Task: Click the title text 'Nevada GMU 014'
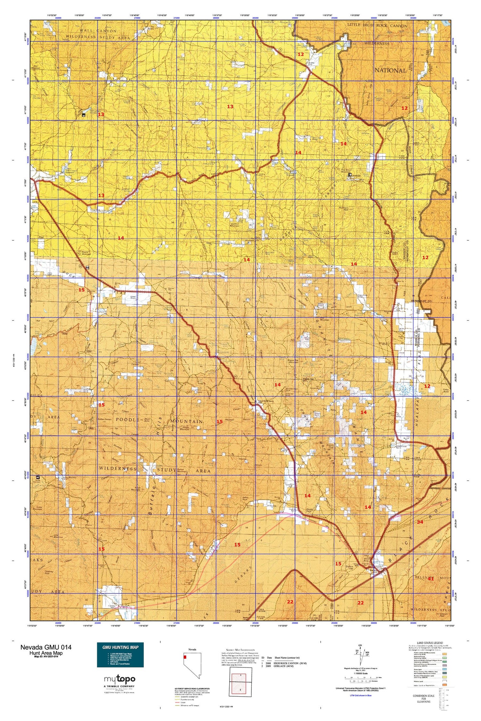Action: (46, 647)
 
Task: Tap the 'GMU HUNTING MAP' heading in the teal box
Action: (120, 647)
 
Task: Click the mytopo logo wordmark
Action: (120, 678)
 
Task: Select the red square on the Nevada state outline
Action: (185, 657)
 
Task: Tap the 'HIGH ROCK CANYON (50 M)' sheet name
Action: (290, 663)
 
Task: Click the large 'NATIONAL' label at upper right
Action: (390, 70)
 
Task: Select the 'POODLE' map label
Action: (127, 419)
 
